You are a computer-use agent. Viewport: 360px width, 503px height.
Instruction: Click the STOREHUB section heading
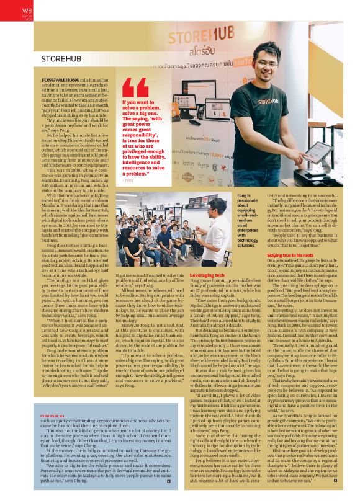(61, 58)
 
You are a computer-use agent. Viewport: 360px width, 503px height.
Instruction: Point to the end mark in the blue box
(168, 481)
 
